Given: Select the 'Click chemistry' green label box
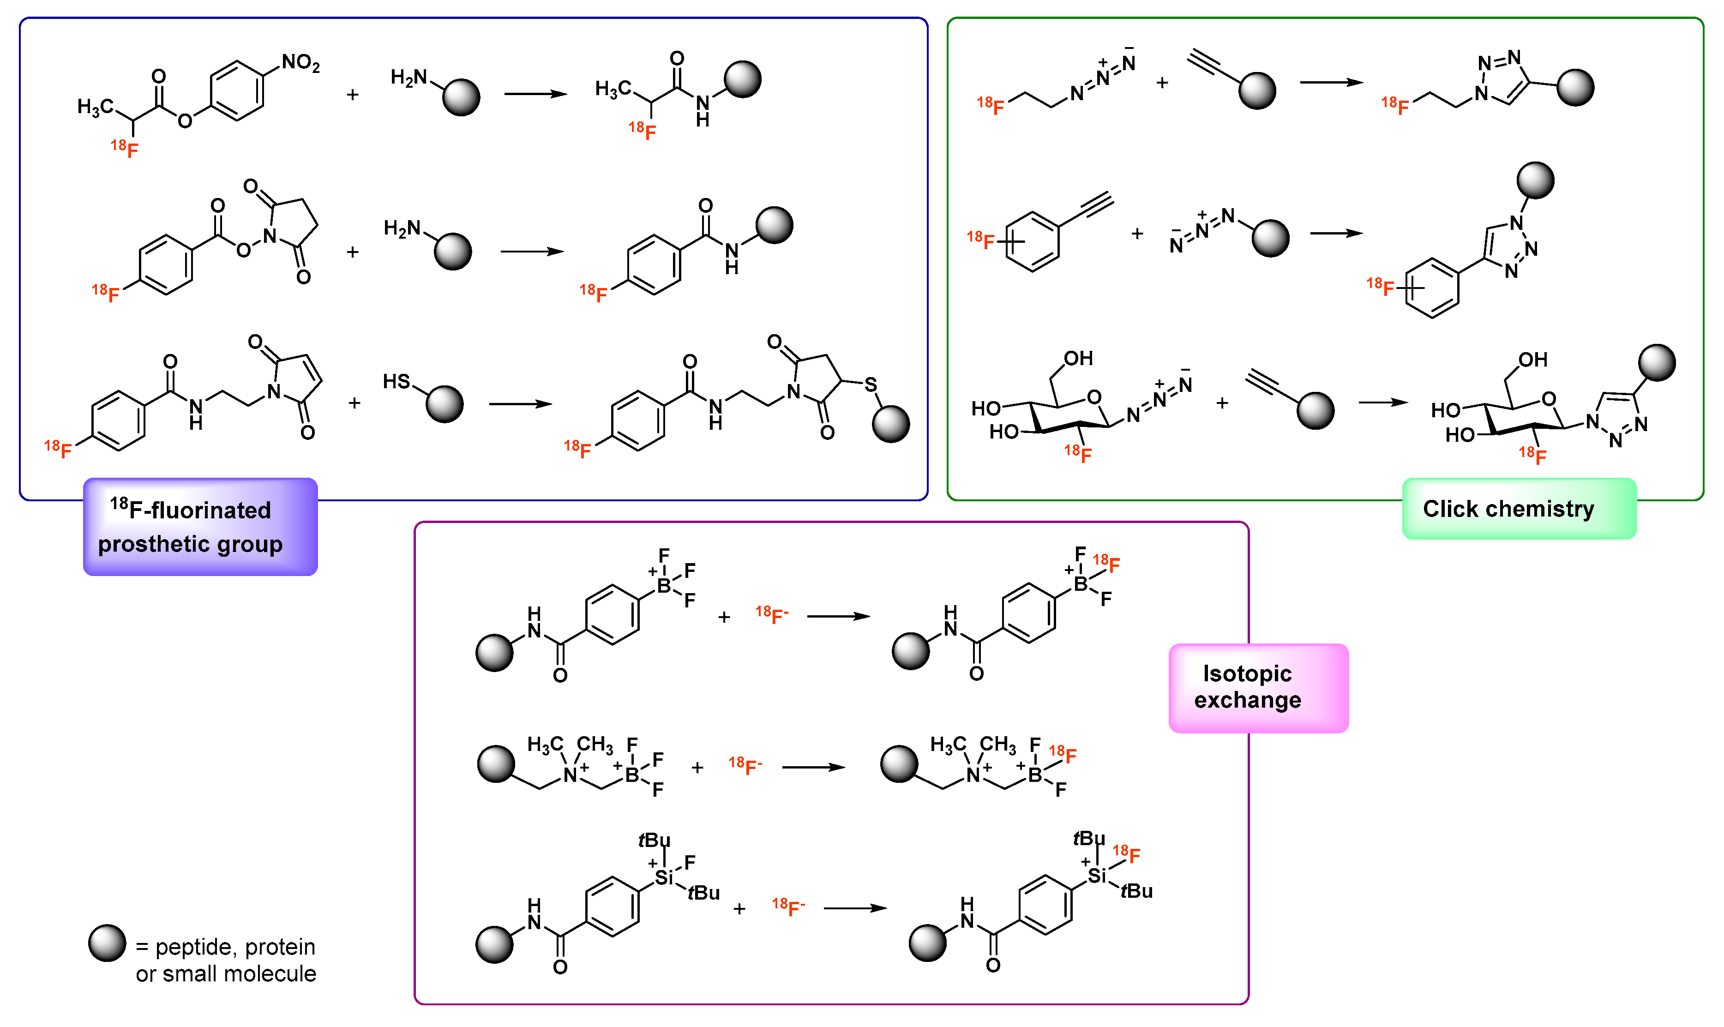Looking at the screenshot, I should pos(1519,509).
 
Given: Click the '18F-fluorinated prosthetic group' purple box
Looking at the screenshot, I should pos(200,527).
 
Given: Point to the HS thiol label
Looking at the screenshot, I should pos(396,381).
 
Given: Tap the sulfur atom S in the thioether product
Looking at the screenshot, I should pos(870,385).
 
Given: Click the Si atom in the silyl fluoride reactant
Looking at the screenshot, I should pos(664,877).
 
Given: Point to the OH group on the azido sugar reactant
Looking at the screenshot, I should pos(1078,359).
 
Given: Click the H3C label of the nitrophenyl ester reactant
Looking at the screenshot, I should pos(95,107).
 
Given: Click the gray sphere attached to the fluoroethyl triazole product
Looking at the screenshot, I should pos(1575,87).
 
